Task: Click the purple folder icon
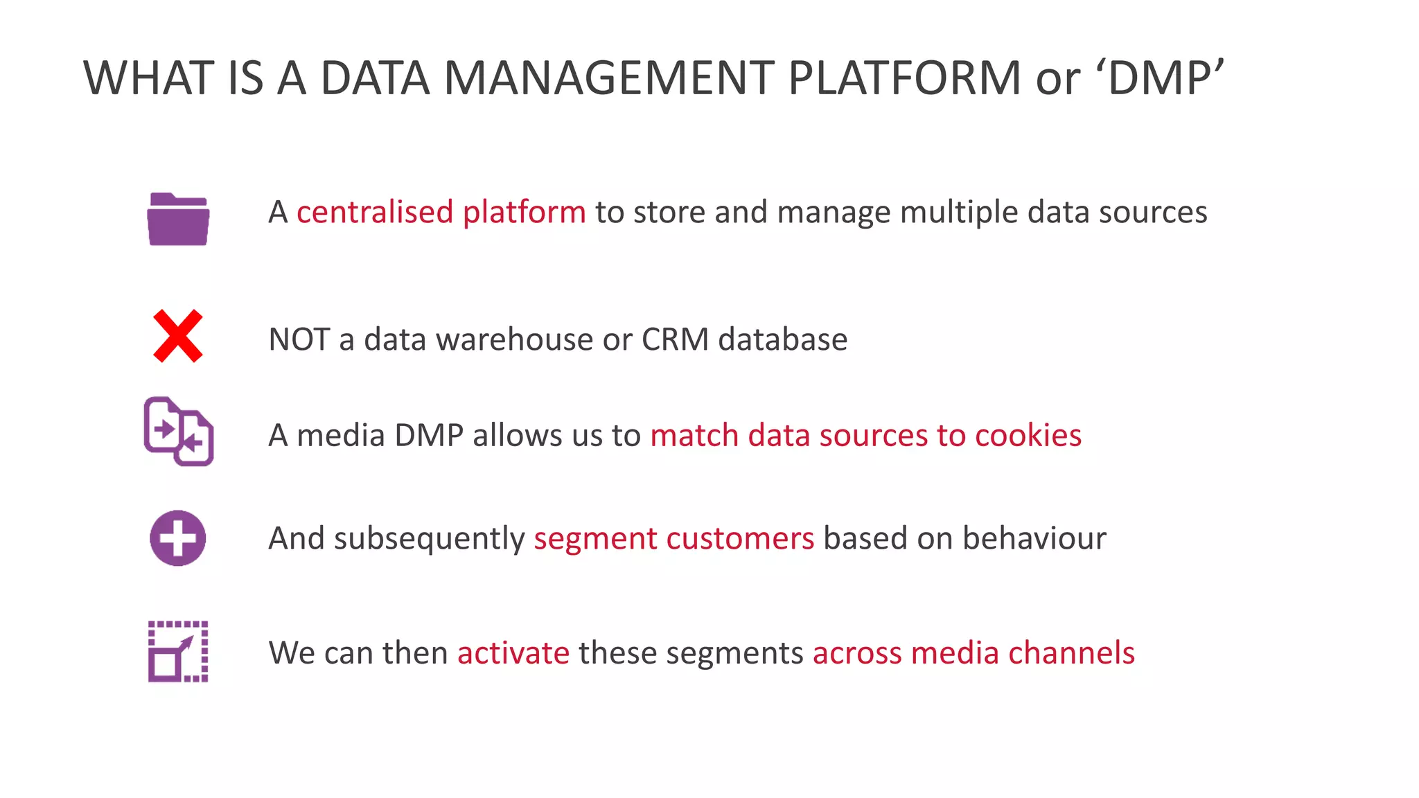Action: pyautogui.click(x=178, y=219)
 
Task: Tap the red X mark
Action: pyautogui.click(x=178, y=336)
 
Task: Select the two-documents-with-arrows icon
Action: pyautogui.click(x=179, y=432)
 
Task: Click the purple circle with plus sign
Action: pyautogui.click(x=178, y=538)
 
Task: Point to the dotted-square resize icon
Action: pyautogui.click(x=178, y=652)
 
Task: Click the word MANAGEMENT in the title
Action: pyautogui.click(x=608, y=78)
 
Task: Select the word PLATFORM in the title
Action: pyautogui.click(x=904, y=78)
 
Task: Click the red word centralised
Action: pyautogui.click(x=375, y=212)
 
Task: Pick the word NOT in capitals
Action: pyautogui.click(x=299, y=339)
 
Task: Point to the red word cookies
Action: pyautogui.click(x=1028, y=436)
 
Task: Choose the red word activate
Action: pyautogui.click(x=513, y=653)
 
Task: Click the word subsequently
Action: pyautogui.click(x=430, y=539)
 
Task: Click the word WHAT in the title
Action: pyautogui.click(x=148, y=78)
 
